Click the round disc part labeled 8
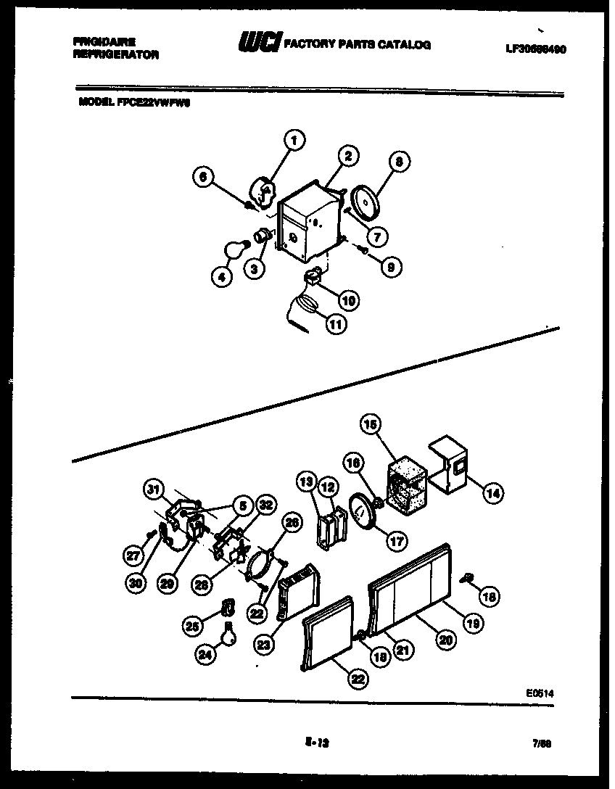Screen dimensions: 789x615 click(366, 201)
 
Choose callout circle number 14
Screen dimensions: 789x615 click(492, 494)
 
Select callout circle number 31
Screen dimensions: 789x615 click(153, 491)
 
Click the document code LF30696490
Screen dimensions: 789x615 click(536, 49)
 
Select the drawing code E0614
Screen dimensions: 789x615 click(541, 693)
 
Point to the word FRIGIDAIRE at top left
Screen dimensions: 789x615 click(104, 42)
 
